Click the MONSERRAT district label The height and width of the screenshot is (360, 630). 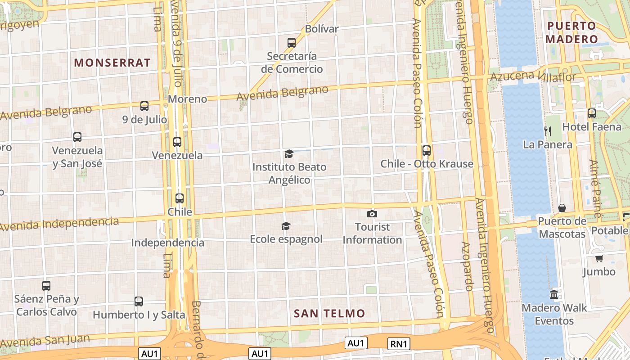click(x=112, y=63)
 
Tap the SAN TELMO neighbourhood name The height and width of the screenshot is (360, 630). click(x=329, y=314)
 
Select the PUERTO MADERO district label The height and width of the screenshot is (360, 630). click(x=571, y=32)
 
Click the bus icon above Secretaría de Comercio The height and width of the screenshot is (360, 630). click(x=292, y=43)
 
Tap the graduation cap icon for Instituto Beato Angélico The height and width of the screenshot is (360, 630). click(x=289, y=154)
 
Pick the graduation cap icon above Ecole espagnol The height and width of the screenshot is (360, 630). click(x=286, y=226)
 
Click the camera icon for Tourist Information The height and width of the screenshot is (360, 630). click(x=372, y=214)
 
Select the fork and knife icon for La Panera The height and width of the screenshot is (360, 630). click(x=548, y=131)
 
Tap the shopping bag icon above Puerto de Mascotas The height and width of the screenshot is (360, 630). click(x=562, y=207)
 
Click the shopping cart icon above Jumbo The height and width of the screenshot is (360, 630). click(x=599, y=258)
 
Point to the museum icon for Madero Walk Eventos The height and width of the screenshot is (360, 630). click(x=554, y=295)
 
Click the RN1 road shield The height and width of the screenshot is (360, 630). click(x=399, y=344)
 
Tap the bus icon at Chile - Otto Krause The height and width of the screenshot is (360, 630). click(x=426, y=150)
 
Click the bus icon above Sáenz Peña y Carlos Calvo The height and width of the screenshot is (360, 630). click(x=46, y=285)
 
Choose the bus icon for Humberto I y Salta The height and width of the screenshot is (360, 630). click(x=139, y=301)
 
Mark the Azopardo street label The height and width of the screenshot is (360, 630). click(x=467, y=266)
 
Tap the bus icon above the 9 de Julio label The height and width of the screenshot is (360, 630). click(x=144, y=106)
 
